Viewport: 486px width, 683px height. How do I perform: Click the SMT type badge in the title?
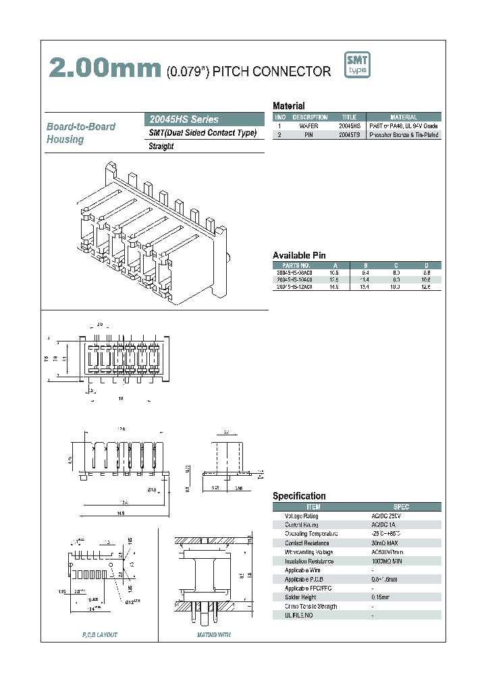[357, 65]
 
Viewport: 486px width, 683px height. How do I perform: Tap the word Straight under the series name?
[161, 146]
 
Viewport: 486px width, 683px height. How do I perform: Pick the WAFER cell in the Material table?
[308, 126]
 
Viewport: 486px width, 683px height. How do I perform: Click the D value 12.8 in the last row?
[426, 287]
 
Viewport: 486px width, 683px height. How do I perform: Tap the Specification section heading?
[299, 496]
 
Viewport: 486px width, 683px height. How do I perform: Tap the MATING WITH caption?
[213, 635]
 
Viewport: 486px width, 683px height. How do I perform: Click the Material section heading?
[288, 106]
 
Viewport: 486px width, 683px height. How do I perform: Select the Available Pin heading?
[299, 255]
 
